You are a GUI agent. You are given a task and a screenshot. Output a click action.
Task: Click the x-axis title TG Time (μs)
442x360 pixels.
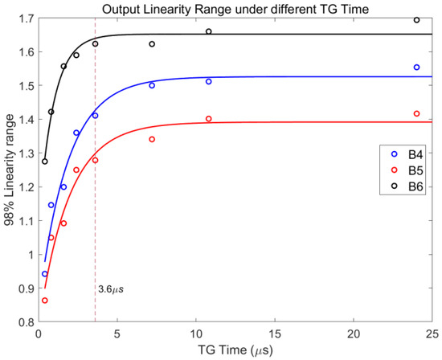pyautogui.click(x=234, y=351)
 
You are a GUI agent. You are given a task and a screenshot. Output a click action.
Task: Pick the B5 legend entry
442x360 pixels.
pyautogui.click(x=407, y=170)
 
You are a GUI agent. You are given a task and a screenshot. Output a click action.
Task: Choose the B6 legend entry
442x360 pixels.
pyautogui.click(x=407, y=184)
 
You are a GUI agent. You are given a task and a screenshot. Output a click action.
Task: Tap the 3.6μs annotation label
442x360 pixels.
pyautogui.click(x=111, y=288)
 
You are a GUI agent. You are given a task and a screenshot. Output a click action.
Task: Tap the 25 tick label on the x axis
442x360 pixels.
pyautogui.click(x=432, y=333)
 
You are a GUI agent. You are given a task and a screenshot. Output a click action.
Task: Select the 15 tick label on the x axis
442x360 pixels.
pyautogui.click(x=274, y=333)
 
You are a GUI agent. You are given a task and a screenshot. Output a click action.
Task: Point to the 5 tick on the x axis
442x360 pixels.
pyautogui.click(x=117, y=333)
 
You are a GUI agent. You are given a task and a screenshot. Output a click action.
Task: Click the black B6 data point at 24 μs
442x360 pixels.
pyautogui.click(x=416, y=20)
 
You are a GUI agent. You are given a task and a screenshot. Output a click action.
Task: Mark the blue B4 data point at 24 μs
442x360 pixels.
pyautogui.click(x=416, y=67)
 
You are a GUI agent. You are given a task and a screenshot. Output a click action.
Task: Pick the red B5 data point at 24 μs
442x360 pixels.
pyautogui.click(x=416, y=113)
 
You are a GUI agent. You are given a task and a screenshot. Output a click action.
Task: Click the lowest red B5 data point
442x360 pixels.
pyautogui.click(x=44, y=301)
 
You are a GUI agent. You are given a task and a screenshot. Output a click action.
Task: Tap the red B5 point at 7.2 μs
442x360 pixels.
pyautogui.click(x=151, y=139)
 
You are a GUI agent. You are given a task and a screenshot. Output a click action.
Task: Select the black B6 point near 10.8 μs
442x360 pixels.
pyautogui.click(x=208, y=31)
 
